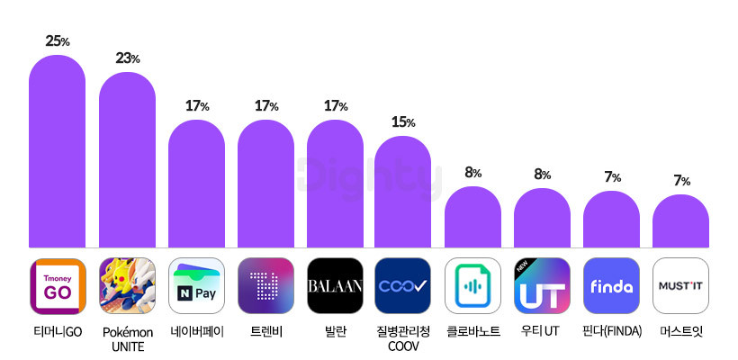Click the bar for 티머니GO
(x=58, y=151)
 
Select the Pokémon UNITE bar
(x=127, y=159)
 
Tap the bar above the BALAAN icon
(x=335, y=184)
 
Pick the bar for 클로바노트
(x=473, y=217)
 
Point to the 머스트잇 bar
(x=680, y=220)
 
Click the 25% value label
(x=58, y=41)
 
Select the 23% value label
(x=128, y=58)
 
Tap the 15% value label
(x=403, y=122)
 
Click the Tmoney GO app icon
(x=58, y=285)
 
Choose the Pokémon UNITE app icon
(x=127, y=285)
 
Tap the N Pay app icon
(x=197, y=285)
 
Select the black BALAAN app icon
(x=335, y=285)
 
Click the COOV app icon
(x=403, y=285)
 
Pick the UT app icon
(x=542, y=285)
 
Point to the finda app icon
(x=611, y=285)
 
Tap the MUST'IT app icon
(x=680, y=285)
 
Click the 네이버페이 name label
(x=197, y=332)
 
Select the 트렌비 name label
(x=265, y=332)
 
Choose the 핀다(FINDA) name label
(x=612, y=332)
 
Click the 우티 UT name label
(x=540, y=332)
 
